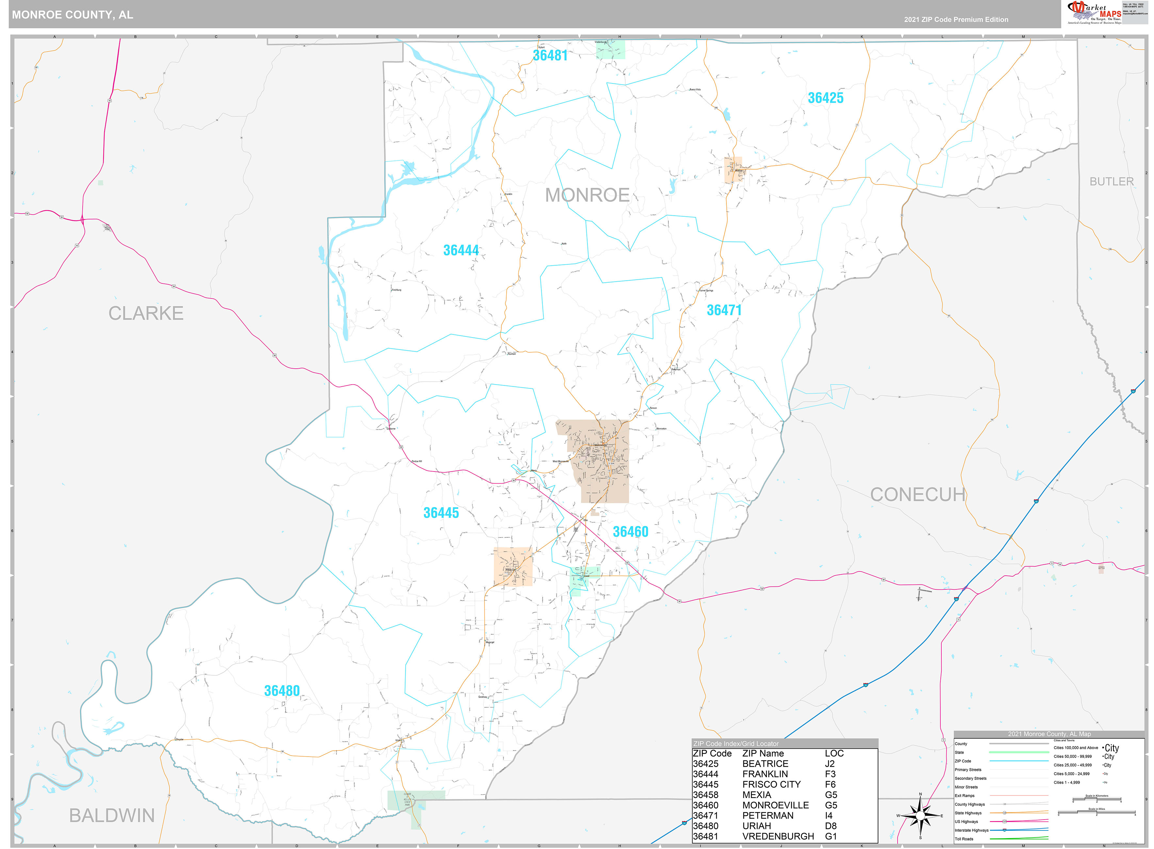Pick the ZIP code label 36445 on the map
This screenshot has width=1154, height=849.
coord(441,513)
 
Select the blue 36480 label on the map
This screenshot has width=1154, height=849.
coord(282,691)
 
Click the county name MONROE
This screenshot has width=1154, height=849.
coord(587,195)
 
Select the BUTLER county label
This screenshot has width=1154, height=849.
coord(1111,182)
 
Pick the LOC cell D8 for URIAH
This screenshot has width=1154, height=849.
coord(830,826)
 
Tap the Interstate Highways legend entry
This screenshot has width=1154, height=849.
coord(971,830)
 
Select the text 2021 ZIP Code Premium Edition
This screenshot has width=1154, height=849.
coord(956,20)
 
